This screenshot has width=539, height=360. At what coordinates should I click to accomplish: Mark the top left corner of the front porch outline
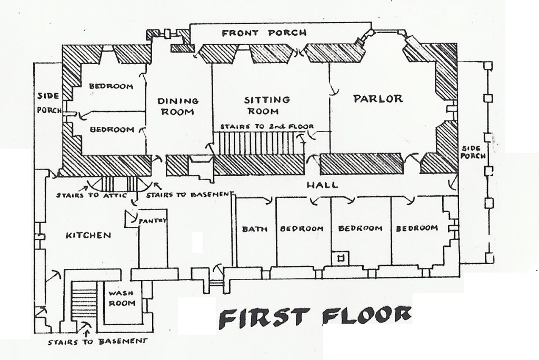pyautogui.click(x=190, y=24)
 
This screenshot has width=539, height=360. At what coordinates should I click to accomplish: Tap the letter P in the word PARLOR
pyautogui.click(x=358, y=99)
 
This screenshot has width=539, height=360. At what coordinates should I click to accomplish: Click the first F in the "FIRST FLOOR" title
pyautogui.click(x=227, y=319)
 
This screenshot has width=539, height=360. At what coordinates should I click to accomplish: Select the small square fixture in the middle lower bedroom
pyautogui.click(x=341, y=258)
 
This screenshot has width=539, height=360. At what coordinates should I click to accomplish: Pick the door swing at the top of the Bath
pyautogui.click(x=267, y=199)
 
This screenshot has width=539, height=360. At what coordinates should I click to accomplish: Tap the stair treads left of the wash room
pyautogui.click(x=84, y=301)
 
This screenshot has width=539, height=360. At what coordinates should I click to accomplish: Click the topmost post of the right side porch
pyautogui.click(x=488, y=66)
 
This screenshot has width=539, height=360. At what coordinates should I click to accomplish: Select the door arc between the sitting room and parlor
pyautogui.click(x=333, y=91)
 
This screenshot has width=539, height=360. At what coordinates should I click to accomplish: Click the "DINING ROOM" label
pyautogui.click(x=178, y=106)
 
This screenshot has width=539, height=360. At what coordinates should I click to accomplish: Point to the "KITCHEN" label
pyautogui.click(x=88, y=236)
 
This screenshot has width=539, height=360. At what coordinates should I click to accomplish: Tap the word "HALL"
pyautogui.click(x=322, y=185)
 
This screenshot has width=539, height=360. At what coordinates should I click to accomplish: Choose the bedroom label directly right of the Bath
pyautogui.click(x=302, y=228)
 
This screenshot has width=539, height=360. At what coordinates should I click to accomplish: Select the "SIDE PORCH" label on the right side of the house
pyautogui.click(x=473, y=152)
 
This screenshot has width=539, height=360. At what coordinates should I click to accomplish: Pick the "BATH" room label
pyautogui.click(x=254, y=229)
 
